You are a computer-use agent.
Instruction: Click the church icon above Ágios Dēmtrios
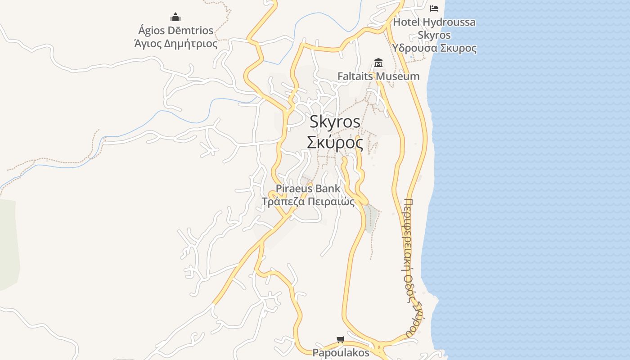(x=175, y=18)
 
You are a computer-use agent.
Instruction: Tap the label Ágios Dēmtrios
(x=175, y=31)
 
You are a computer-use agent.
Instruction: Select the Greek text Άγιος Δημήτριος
(x=175, y=44)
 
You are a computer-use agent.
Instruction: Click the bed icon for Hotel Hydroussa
(x=434, y=8)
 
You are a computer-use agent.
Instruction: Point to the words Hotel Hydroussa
(x=434, y=22)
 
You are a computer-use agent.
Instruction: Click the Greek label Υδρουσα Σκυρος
(x=434, y=48)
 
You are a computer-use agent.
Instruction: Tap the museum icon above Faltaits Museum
(x=378, y=63)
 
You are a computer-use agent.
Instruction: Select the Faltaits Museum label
(x=378, y=76)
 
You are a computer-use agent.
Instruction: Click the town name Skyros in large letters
(x=335, y=122)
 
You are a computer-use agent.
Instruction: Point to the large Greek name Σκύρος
(x=335, y=142)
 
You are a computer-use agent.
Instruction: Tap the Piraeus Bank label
(x=308, y=188)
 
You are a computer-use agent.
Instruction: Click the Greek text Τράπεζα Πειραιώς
(x=308, y=201)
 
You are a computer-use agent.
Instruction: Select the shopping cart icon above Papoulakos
(x=341, y=339)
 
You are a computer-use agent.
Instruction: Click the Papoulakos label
(x=341, y=352)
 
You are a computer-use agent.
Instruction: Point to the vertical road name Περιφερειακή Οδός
(x=409, y=265)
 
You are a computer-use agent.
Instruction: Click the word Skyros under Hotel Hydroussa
(x=434, y=35)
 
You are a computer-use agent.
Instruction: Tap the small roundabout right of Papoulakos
(x=379, y=347)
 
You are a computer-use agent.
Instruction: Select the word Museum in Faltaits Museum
(x=398, y=76)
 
